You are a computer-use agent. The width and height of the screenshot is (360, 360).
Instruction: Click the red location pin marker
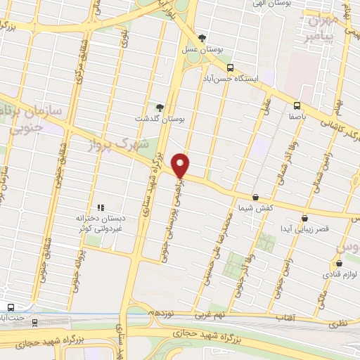(181, 165)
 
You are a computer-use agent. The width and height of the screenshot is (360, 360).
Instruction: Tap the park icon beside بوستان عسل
(202, 38)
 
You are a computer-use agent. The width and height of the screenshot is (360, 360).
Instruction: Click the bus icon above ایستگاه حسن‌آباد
(230, 68)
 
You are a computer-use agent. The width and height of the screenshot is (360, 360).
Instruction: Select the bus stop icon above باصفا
(297, 108)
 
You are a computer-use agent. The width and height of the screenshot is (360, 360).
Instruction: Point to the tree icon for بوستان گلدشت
(160, 107)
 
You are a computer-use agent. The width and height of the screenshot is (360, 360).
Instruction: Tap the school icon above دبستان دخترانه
(101, 208)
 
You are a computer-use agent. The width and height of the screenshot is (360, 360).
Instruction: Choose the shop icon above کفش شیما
(255, 198)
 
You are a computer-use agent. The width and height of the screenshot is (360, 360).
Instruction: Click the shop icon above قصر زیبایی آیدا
(304, 218)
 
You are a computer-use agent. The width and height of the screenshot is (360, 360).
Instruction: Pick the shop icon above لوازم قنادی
(339, 264)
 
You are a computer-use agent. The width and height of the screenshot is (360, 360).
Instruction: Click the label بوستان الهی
(275, 4)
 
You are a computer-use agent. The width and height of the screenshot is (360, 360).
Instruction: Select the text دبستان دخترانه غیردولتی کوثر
(99, 224)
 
